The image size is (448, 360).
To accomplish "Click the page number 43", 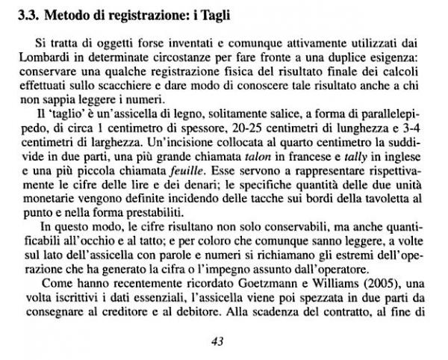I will tap(217, 341).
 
